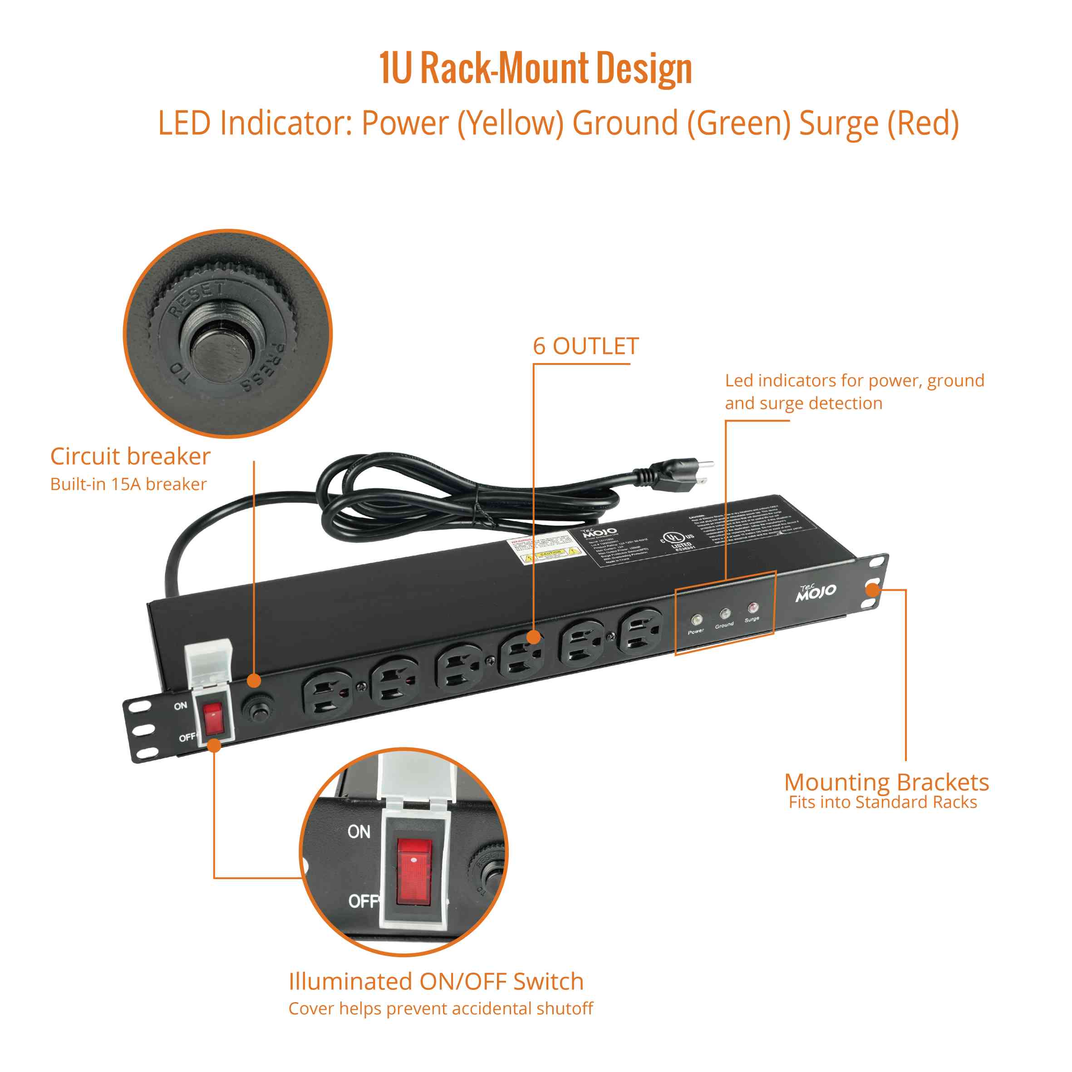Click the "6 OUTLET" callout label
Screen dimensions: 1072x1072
[585, 346]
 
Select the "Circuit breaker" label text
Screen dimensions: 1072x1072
[130, 456]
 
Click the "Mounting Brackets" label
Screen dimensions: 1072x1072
[886, 782]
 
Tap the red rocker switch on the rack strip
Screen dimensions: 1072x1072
[213, 718]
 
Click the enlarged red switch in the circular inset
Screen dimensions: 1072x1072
[414, 875]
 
